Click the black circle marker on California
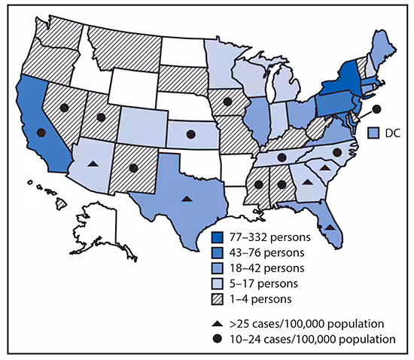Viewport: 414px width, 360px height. pyautogui.click(x=41, y=133)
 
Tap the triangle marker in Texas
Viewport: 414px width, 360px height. pyautogui.click(x=187, y=199)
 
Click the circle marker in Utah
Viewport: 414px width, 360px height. pyautogui.click(x=100, y=117)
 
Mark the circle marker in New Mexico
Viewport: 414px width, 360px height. pyautogui.click(x=133, y=168)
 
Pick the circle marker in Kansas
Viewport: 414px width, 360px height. pyautogui.click(x=190, y=134)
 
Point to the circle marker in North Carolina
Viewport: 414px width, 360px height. pyautogui.click(x=337, y=152)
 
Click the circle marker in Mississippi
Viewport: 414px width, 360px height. pyautogui.click(x=258, y=184)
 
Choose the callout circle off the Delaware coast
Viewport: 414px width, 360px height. pyautogui.click(x=376, y=109)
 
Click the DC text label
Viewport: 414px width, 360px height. pyautogui.click(x=391, y=133)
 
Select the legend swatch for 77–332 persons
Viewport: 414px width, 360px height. pyautogui.click(x=218, y=236)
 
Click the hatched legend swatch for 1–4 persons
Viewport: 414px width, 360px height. pyautogui.click(x=218, y=300)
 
